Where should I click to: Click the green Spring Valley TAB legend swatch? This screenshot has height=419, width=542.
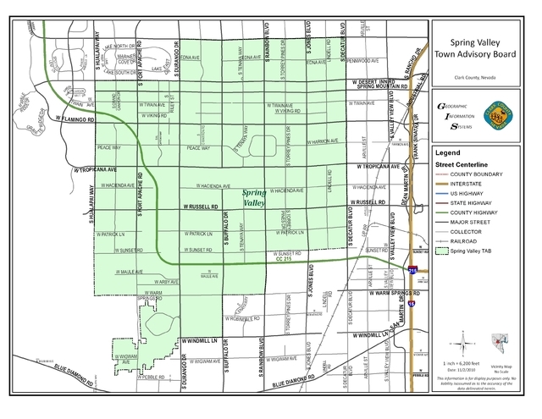click(x=443, y=251)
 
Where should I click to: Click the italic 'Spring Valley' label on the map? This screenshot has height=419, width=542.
click(x=254, y=198)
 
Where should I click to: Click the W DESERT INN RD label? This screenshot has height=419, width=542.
click(x=373, y=81)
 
